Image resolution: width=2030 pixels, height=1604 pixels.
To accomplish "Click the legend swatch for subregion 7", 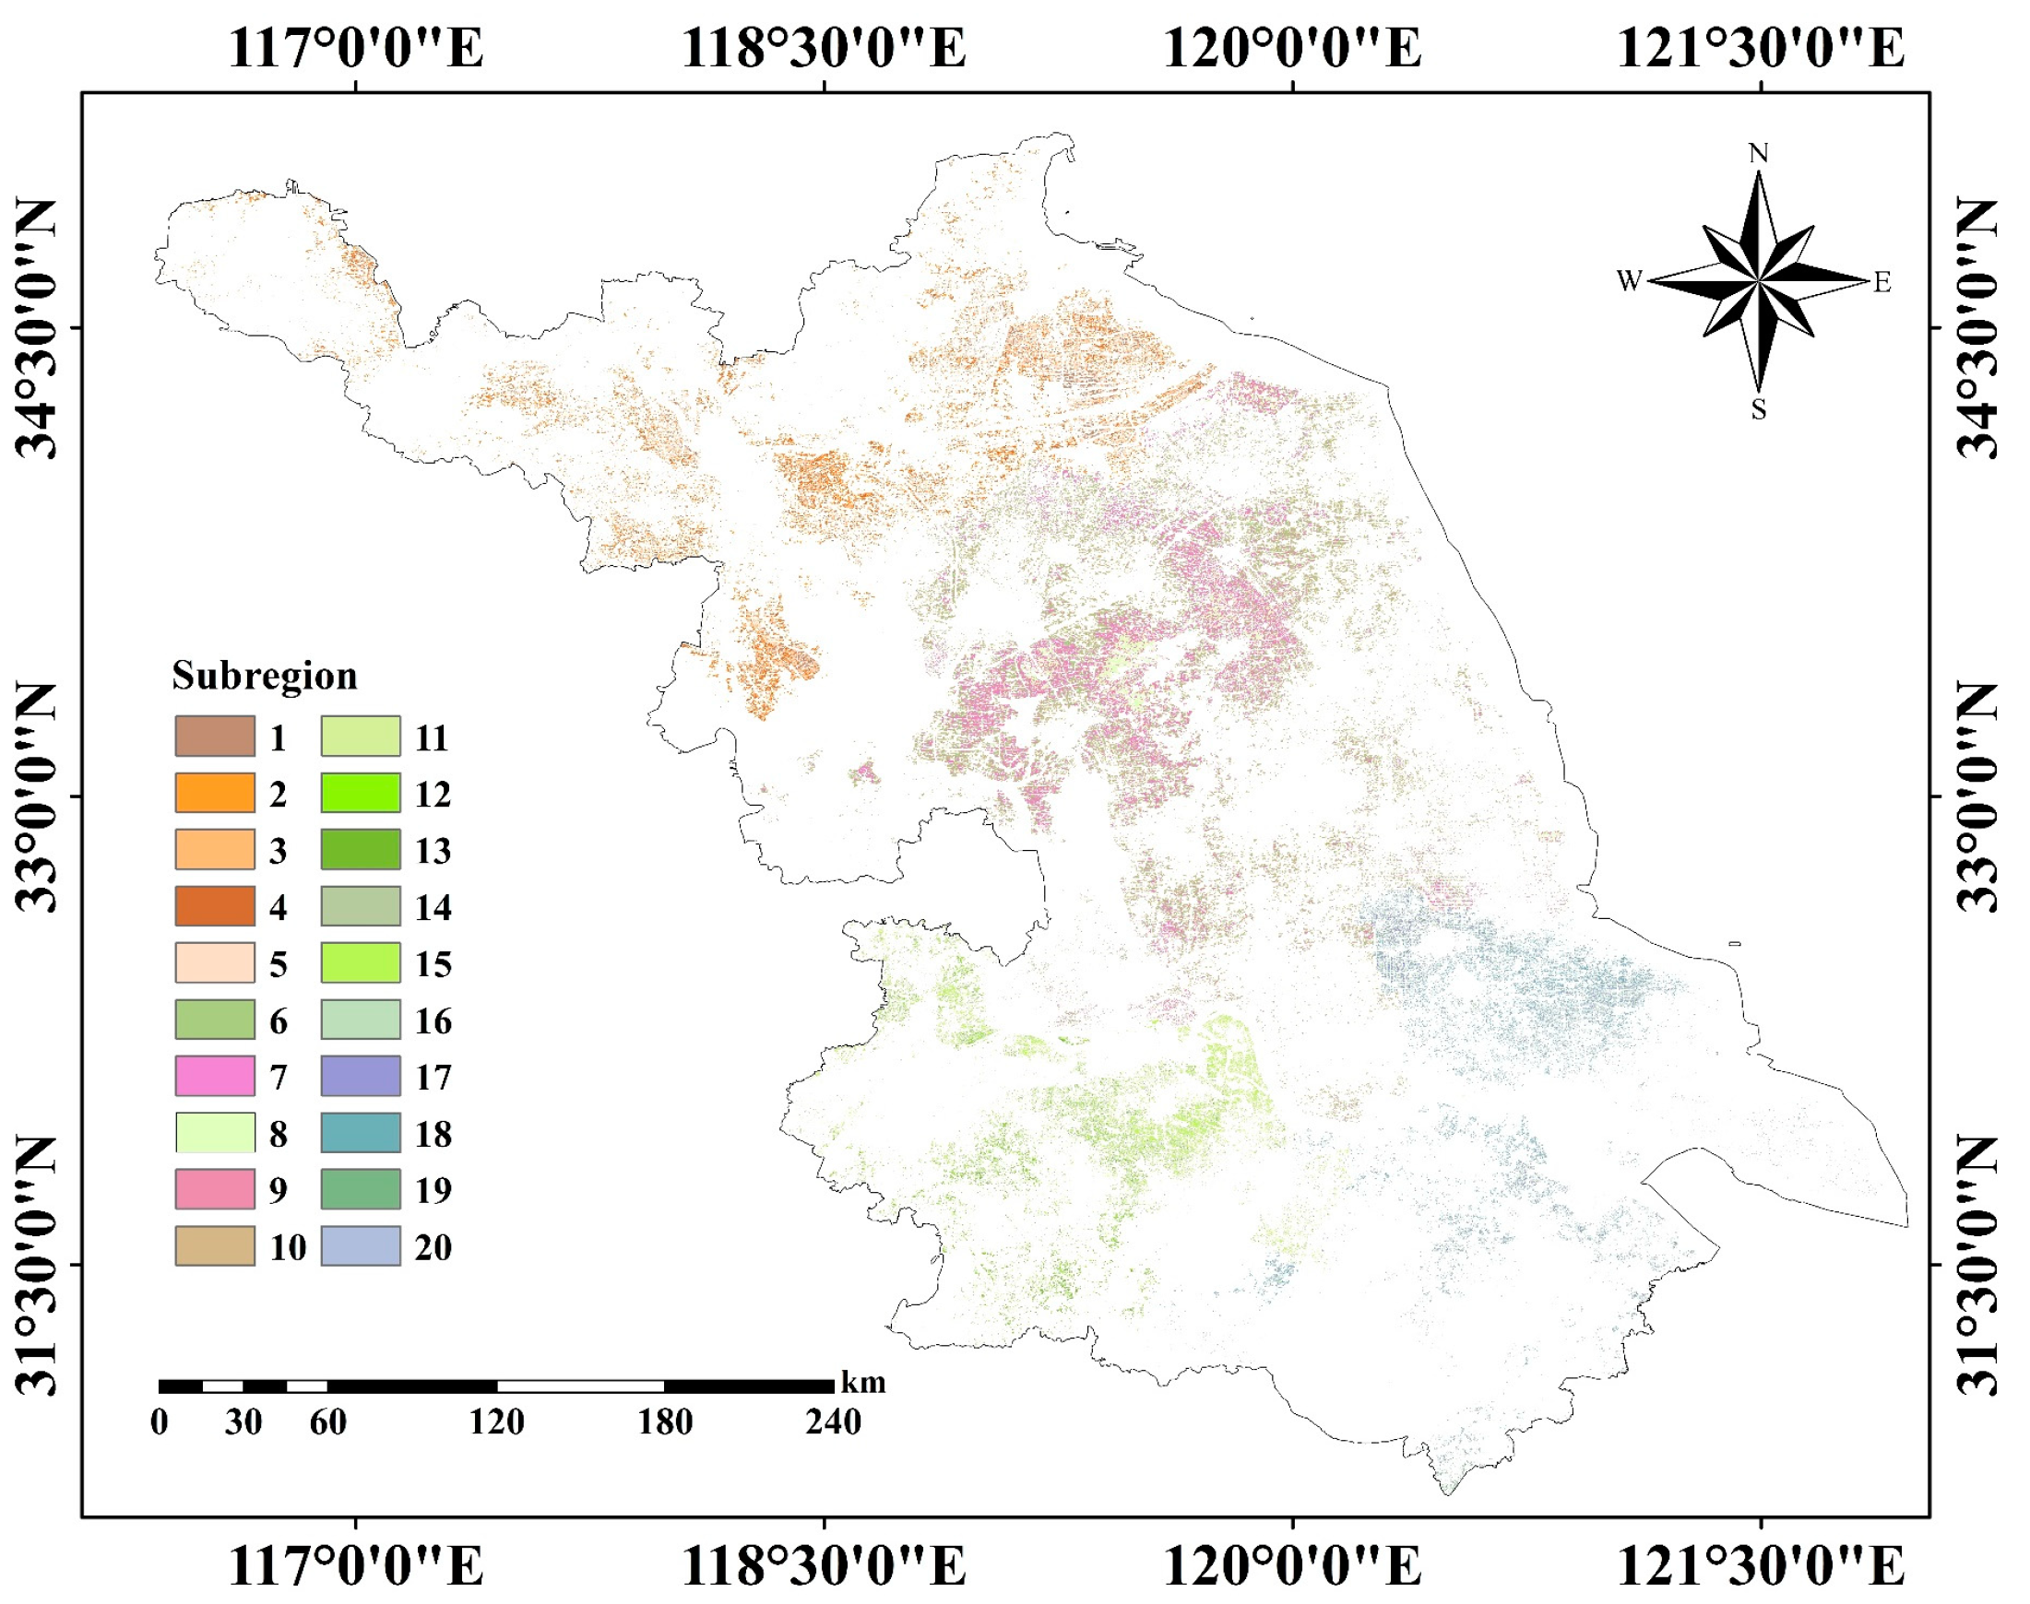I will (x=214, y=1076).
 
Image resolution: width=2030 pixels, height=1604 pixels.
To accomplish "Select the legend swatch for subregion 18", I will (x=361, y=1133).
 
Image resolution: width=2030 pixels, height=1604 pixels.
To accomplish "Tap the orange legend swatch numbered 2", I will (x=214, y=793).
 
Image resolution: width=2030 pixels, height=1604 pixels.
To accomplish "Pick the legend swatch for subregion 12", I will (x=361, y=793).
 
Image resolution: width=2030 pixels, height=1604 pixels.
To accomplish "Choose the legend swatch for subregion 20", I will (x=361, y=1246).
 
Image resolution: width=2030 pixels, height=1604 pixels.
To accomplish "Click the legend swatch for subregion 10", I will (x=214, y=1246).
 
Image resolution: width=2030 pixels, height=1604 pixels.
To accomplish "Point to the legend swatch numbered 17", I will (x=361, y=1076).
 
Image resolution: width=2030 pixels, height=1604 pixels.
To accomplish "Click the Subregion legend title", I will (x=264, y=676).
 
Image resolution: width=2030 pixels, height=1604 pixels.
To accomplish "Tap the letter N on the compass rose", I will (x=1759, y=153).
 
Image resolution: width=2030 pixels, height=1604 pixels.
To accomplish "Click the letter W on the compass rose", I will (x=1629, y=281).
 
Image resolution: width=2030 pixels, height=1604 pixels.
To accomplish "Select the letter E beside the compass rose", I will (x=1882, y=282).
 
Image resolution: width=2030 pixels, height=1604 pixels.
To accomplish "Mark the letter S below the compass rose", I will (x=1759, y=410).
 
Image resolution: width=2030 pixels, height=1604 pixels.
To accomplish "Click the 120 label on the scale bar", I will (x=496, y=1421).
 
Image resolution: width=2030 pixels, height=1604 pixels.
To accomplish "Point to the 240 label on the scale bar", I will (x=833, y=1421).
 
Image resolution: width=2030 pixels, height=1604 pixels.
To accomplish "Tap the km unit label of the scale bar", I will (x=862, y=1383).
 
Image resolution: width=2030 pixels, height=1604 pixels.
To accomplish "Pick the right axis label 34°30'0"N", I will (x=1977, y=328).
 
